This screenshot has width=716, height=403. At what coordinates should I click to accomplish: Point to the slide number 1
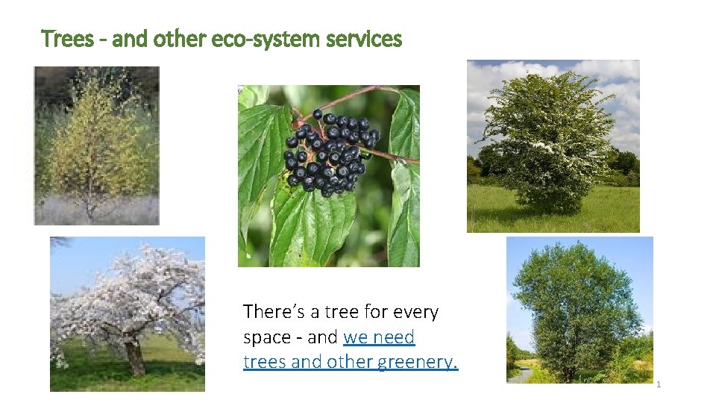(x=659, y=384)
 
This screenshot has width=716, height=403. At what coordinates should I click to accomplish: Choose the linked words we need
(x=379, y=337)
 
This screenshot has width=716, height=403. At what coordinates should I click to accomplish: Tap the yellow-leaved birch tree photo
(x=97, y=146)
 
